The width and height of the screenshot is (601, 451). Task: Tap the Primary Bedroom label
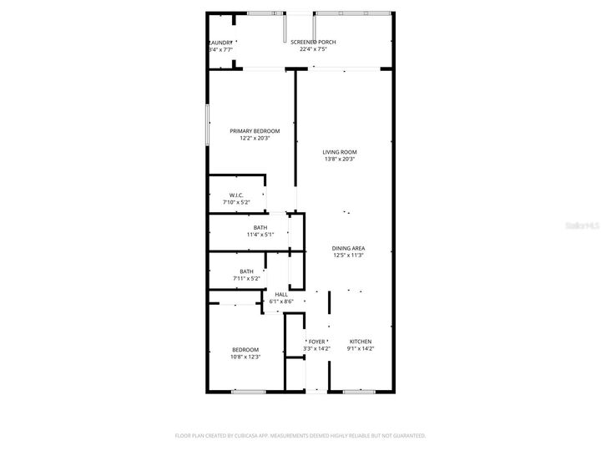tap(255, 131)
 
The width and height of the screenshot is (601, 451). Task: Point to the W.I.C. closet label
tap(236, 195)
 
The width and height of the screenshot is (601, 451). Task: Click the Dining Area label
tap(348, 248)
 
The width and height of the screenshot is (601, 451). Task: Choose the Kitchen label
tap(360, 342)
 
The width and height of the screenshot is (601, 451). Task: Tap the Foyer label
tap(317, 342)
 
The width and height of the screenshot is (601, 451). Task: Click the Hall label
tap(281, 294)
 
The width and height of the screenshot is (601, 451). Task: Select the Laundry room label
tap(220, 43)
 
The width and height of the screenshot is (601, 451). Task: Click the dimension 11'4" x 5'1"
tap(260, 235)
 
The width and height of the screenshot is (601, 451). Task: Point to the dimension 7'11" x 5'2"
tap(246, 278)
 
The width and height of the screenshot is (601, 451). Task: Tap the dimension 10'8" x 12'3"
tap(245, 357)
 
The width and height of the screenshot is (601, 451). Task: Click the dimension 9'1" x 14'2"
tap(360, 349)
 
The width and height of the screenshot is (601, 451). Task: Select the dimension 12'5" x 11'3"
tap(348, 256)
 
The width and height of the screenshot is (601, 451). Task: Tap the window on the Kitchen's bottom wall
tap(356, 391)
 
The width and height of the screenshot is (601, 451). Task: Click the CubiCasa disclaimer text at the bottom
tap(300, 435)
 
